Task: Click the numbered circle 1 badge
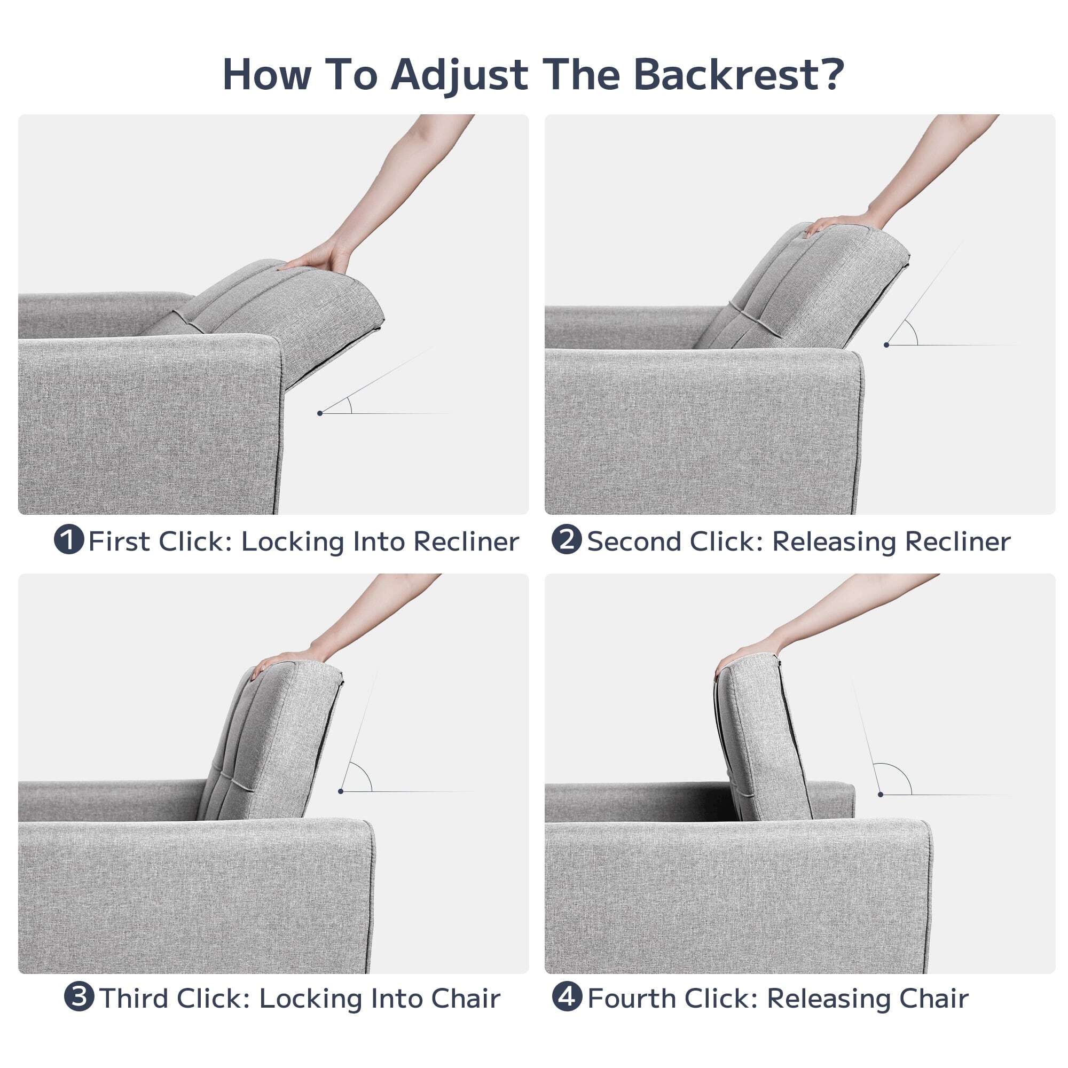pos(69,539)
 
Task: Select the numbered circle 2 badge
pos(567,539)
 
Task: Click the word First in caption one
pos(120,541)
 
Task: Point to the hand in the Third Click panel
pos(287,656)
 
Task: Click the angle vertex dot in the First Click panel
pos(320,413)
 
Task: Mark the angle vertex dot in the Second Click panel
pos(886,345)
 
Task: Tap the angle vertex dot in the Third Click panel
pos(341,791)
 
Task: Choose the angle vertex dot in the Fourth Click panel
pos(881,795)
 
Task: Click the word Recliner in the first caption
pos(466,541)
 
